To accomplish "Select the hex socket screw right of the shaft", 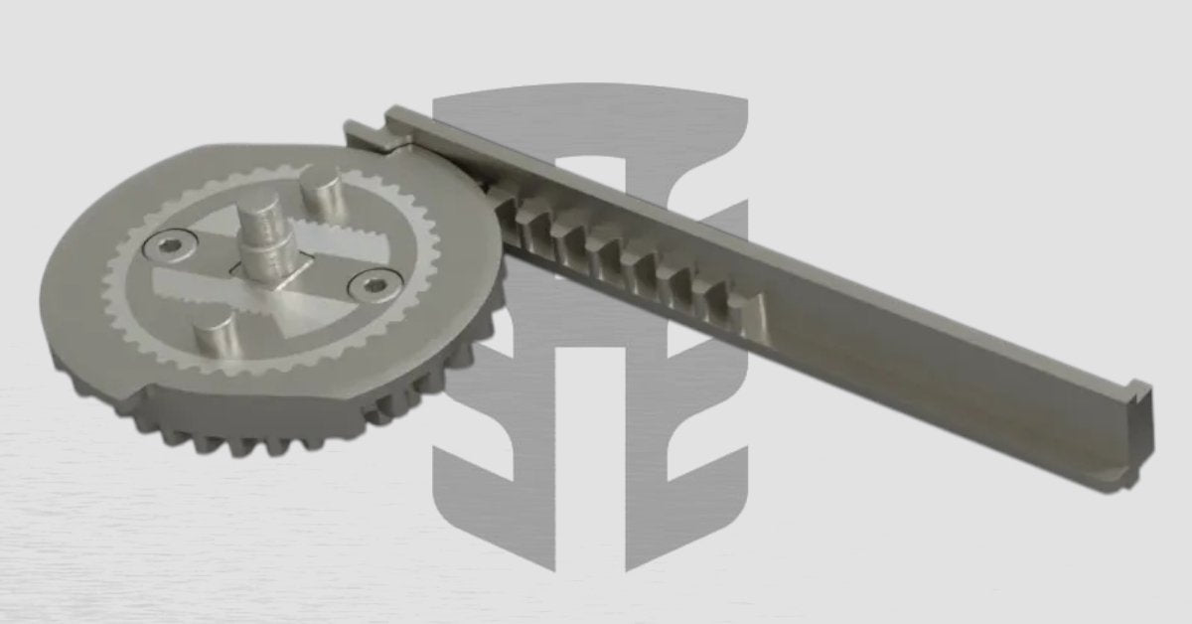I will click(372, 287).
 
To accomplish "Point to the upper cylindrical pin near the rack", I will click(323, 192).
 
